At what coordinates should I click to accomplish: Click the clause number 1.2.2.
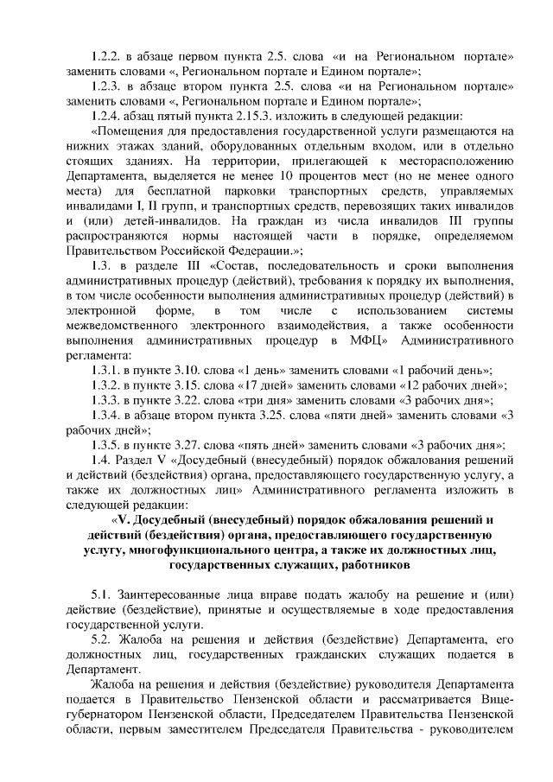coord(109,57)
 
